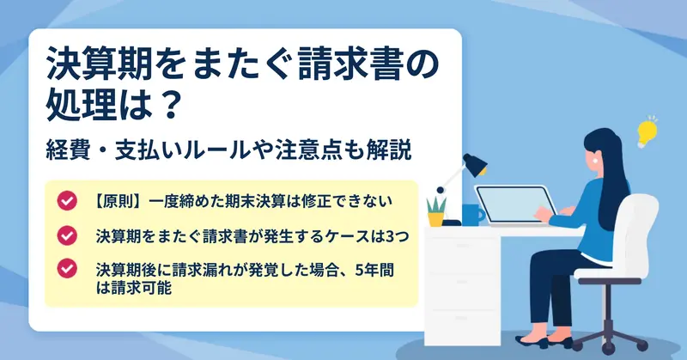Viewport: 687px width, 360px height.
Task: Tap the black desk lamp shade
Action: tap(476, 164)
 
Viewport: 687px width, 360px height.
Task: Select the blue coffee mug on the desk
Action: tap(472, 215)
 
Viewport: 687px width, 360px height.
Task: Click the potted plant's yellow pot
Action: tap(435, 219)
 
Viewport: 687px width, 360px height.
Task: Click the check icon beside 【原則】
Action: tap(67, 201)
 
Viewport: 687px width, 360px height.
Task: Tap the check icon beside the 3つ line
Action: tap(67, 235)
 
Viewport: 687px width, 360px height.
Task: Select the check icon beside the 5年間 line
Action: tap(67, 269)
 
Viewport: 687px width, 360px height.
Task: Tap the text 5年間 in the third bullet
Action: tap(374, 270)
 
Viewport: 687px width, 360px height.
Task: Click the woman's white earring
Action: tap(596, 161)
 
